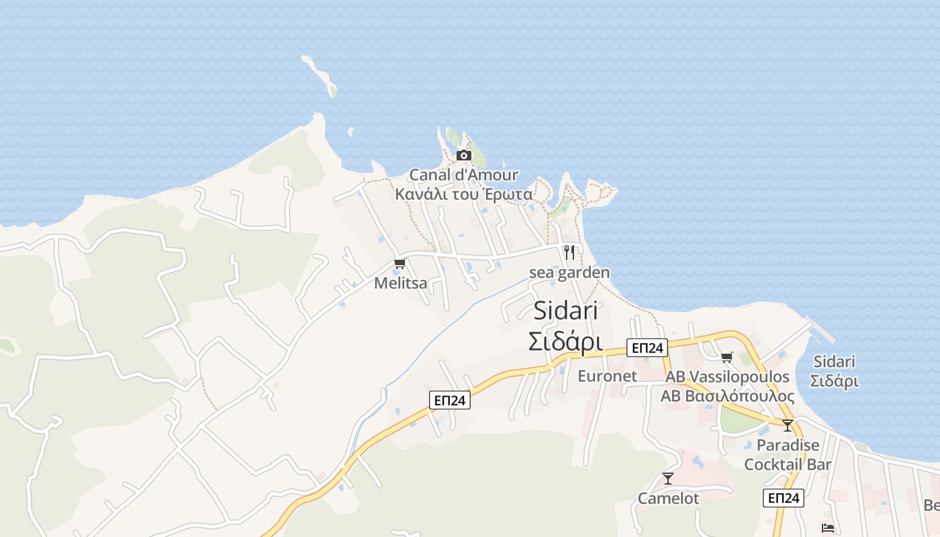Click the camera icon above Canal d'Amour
(463, 156)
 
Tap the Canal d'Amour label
(464, 175)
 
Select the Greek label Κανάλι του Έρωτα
(464, 195)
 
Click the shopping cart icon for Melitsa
(400, 263)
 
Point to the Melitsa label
(400, 283)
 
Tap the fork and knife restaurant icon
(569, 252)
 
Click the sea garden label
(569, 273)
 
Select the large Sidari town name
(566, 311)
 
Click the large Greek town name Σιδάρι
(566, 342)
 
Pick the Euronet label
(607, 376)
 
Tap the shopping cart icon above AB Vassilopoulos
(726, 357)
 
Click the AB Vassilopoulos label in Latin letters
(727, 377)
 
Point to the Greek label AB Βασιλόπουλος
(727, 396)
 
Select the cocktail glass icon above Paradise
(788, 425)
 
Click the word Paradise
(788, 445)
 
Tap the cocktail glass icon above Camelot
(668, 478)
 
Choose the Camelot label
(668, 499)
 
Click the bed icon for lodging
(828, 528)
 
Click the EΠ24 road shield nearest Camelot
(784, 498)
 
